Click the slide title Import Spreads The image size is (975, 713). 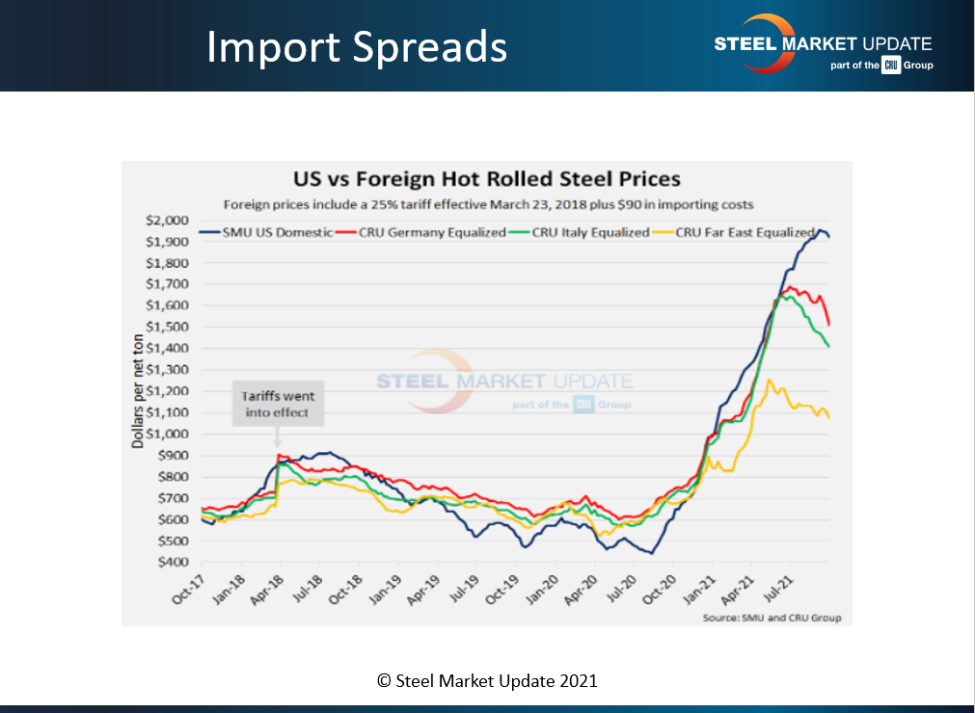coord(356,47)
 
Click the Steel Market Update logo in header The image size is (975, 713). coord(822,44)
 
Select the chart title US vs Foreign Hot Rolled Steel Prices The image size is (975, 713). coord(474,179)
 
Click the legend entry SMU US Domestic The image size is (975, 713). coord(265,232)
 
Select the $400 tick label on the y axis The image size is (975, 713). coord(175,562)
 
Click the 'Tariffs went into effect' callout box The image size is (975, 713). coord(278,404)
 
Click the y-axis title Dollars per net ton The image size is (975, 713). coord(137,385)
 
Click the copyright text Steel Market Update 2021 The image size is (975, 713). coord(487,680)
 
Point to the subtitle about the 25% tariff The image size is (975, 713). coord(488,204)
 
